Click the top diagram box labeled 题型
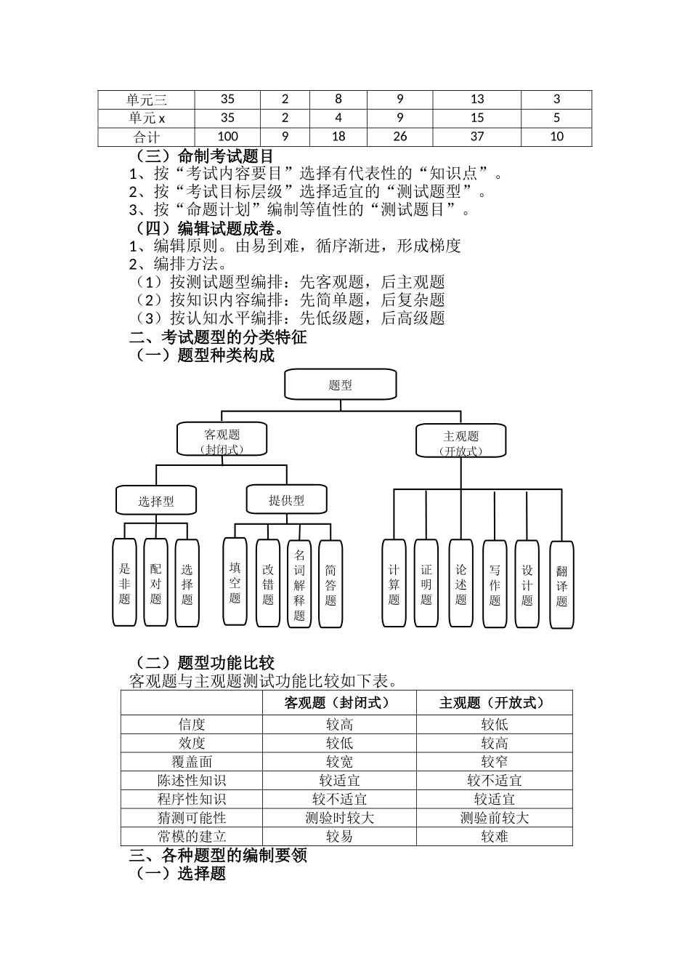coord(340,385)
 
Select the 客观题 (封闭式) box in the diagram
coord(222,441)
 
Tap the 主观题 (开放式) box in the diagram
coord(460,442)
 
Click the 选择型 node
coord(155,500)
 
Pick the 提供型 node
coord(286,499)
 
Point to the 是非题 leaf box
coord(125,583)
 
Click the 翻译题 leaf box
coord(561,585)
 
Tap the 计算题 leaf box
coord(394,583)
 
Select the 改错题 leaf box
coord(268,584)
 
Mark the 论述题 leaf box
coord(460,583)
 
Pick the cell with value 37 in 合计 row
coord(476,137)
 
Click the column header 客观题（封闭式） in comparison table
coord(338,702)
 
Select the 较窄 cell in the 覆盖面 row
coord(494,762)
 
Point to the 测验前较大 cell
coord(494,818)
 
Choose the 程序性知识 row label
coord(192,799)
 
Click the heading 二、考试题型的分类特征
coord(218,337)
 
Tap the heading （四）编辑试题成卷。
coord(206,228)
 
